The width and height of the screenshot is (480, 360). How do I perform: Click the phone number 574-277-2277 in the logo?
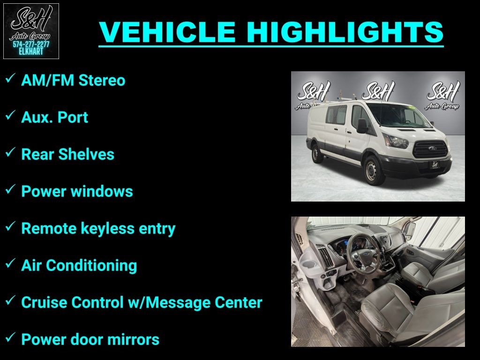31,45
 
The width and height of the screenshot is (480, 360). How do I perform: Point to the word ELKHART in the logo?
31,52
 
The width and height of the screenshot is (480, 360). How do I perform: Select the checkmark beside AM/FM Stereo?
10,79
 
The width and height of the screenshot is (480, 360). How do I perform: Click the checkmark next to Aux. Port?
10,116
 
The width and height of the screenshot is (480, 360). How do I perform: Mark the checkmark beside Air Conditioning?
10,264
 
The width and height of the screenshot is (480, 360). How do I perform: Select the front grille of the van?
430,148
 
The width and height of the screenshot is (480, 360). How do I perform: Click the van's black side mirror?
362,126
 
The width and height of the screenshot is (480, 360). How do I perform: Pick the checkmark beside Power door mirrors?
10,338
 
